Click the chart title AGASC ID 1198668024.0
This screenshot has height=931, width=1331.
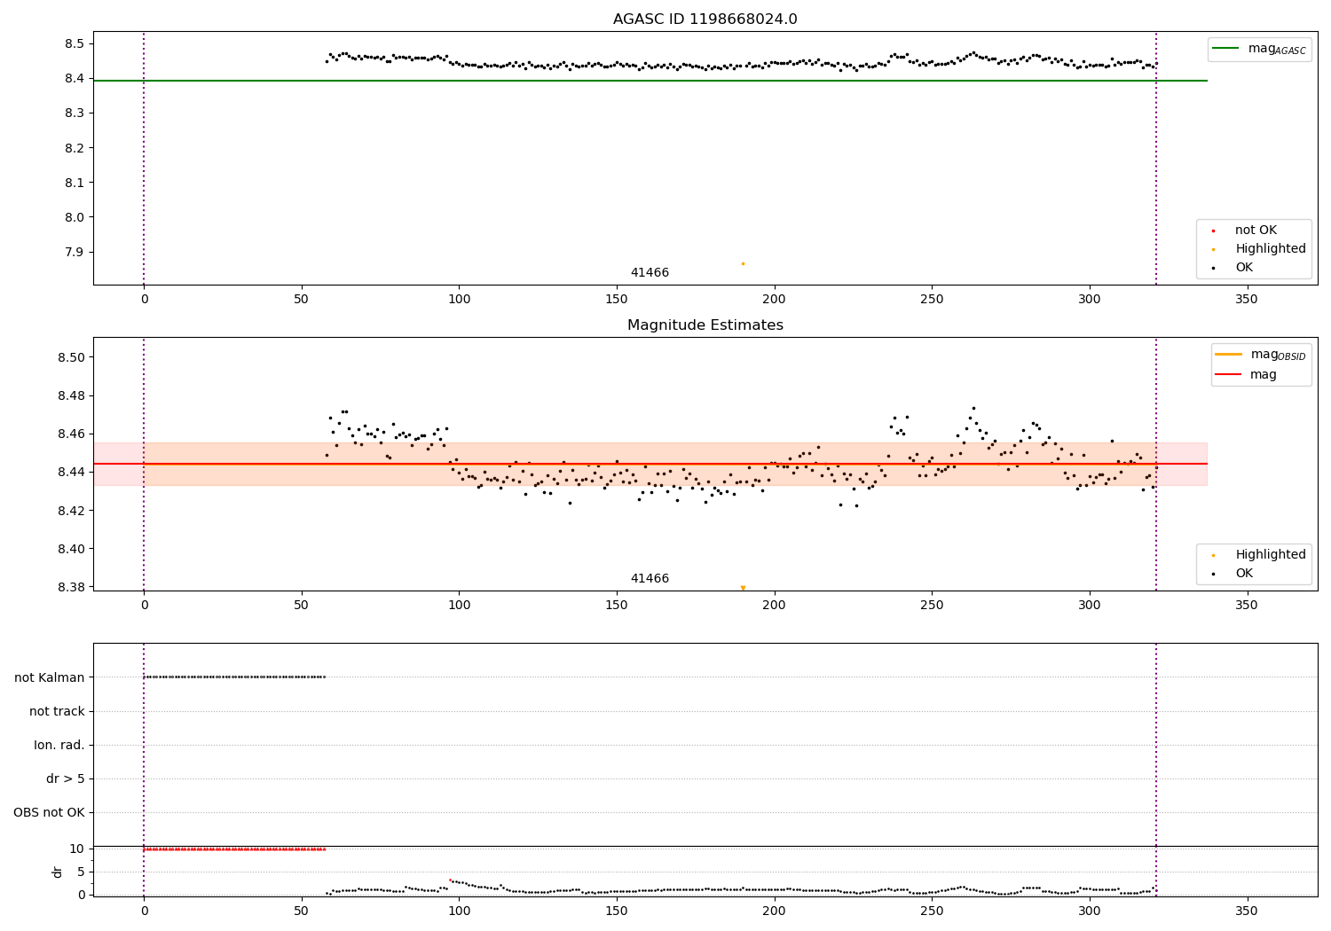point(705,19)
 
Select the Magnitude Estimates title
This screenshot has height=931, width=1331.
point(705,325)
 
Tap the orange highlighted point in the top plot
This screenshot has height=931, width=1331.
point(743,263)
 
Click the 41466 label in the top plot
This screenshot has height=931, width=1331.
point(650,272)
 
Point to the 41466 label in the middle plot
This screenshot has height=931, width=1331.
point(650,578)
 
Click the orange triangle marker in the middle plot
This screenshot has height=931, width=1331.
point(743,588)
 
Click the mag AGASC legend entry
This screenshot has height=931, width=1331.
point(1259,49)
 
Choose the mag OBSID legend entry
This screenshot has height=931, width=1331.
point(1260,355)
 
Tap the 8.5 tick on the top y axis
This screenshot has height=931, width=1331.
point(75,44)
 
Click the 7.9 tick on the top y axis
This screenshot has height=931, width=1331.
point(75,253)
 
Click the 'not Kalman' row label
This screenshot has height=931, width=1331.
point(50,677)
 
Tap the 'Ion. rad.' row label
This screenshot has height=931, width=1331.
point(59,745)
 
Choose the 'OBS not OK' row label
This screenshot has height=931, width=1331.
point(49,812)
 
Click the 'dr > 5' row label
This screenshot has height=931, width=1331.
point(66,778)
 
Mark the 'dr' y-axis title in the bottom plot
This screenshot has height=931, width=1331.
point(57,872)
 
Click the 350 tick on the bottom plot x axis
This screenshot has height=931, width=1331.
point(1247,911)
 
